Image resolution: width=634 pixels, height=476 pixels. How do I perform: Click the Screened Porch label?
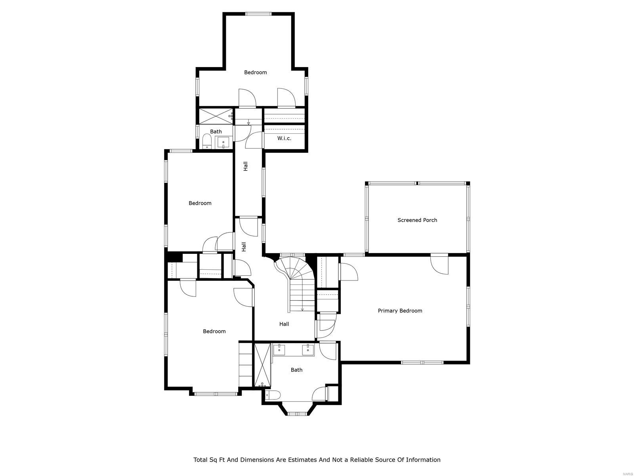pos(417,220)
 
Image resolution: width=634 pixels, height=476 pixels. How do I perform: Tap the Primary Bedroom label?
pos(400,311)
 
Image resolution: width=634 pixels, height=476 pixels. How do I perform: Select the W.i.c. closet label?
pos(284,138)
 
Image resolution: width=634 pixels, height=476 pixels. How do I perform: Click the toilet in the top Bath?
pos(207,141)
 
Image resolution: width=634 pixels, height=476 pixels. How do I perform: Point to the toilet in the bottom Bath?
pos(273,395)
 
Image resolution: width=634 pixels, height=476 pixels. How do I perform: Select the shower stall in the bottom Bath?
pos(262,365)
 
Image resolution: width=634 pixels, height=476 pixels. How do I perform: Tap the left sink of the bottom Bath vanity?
pos(279,349)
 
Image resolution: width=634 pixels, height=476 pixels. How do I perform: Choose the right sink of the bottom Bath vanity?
pos(308,349)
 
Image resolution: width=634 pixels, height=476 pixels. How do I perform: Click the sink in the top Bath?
pos(223,142)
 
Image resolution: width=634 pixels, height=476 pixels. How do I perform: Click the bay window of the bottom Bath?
pos(297,414)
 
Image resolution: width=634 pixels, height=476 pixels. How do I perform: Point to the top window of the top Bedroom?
pos(258,14)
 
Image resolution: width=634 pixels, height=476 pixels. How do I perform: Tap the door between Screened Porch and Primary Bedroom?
pos(439,263)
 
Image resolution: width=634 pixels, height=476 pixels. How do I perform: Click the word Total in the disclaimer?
pos(200,460)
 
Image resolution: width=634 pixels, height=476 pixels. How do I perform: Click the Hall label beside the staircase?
pos(284,324)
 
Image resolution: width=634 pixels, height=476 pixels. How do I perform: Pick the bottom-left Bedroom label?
pos(214,331)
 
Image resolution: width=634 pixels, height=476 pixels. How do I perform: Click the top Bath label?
pos(216,131)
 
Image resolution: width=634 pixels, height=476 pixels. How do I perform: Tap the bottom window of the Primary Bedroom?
pos(422,362)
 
